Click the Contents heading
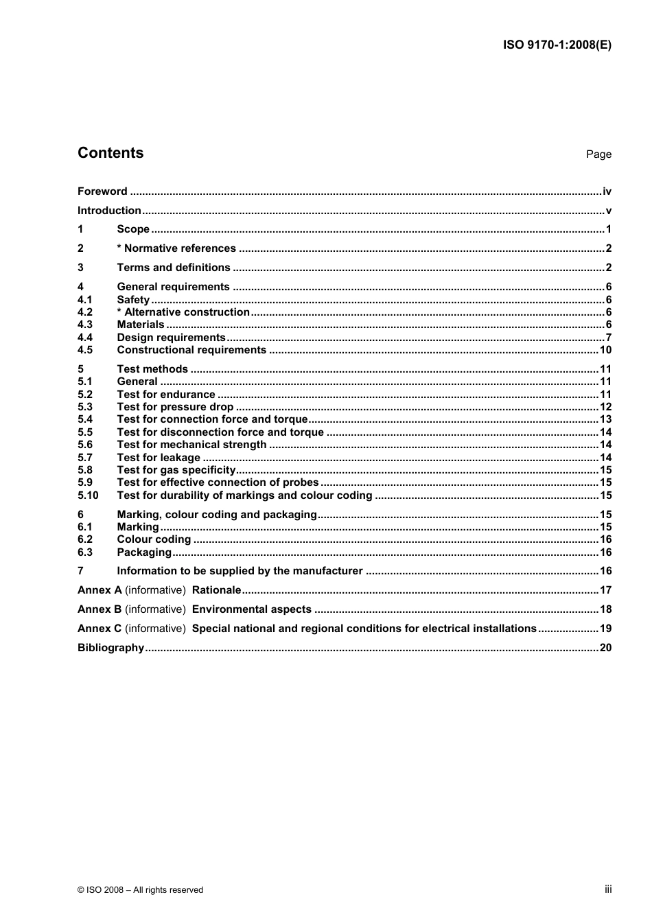point(110,153)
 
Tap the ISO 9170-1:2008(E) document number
point(557,45)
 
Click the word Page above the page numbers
point(598,154)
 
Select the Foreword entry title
point(102,191)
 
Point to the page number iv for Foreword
point(607,191)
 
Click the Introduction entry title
point(109,211)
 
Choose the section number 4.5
point(85,350)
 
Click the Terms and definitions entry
point(174,268)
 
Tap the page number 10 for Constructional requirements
point(605,350)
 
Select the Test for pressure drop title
point(175,407)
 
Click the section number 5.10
point(88,495)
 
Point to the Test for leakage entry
point(159,458)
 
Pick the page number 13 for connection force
point(605,419)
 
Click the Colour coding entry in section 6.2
point(154,539)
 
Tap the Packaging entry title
point(144,552)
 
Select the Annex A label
point(100,590)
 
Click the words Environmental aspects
point(252,609)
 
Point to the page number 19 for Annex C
point(605,629)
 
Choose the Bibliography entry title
point(110,648)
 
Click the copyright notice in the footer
point(140,890)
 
